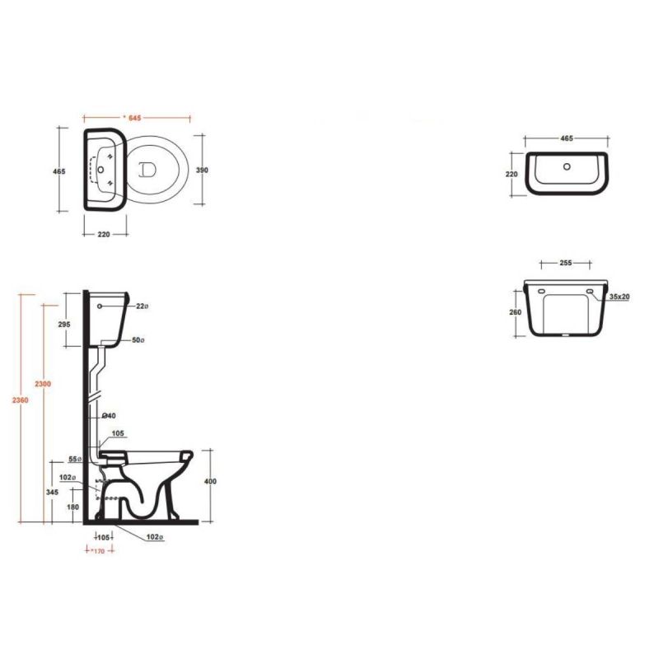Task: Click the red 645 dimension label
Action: (134, 118)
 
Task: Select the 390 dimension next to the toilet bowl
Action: (202, 171)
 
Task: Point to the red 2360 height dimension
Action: (20, 400)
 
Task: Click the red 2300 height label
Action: (43, 384)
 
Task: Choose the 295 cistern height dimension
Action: (64, 325)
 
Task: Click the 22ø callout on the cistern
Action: (142, 306)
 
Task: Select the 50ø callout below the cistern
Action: (138, 340)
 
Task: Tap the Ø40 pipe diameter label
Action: (109, 416)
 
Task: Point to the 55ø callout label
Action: (75, 460)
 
